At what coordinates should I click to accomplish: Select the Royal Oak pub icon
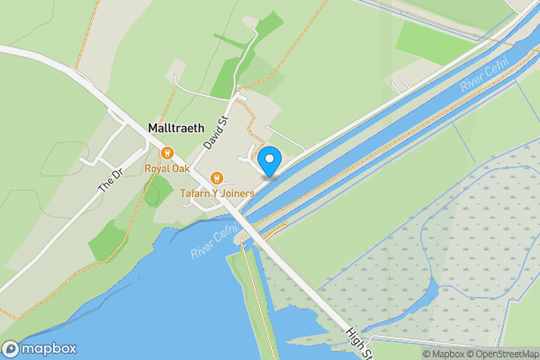[x=167, y=152]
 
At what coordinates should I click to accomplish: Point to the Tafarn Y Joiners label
[x=215, y=193]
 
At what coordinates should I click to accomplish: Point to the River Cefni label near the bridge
[x=214, y=241]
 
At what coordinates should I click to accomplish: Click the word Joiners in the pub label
[x=237, y=193]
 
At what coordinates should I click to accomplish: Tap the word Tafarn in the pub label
[x=193, y=193]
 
